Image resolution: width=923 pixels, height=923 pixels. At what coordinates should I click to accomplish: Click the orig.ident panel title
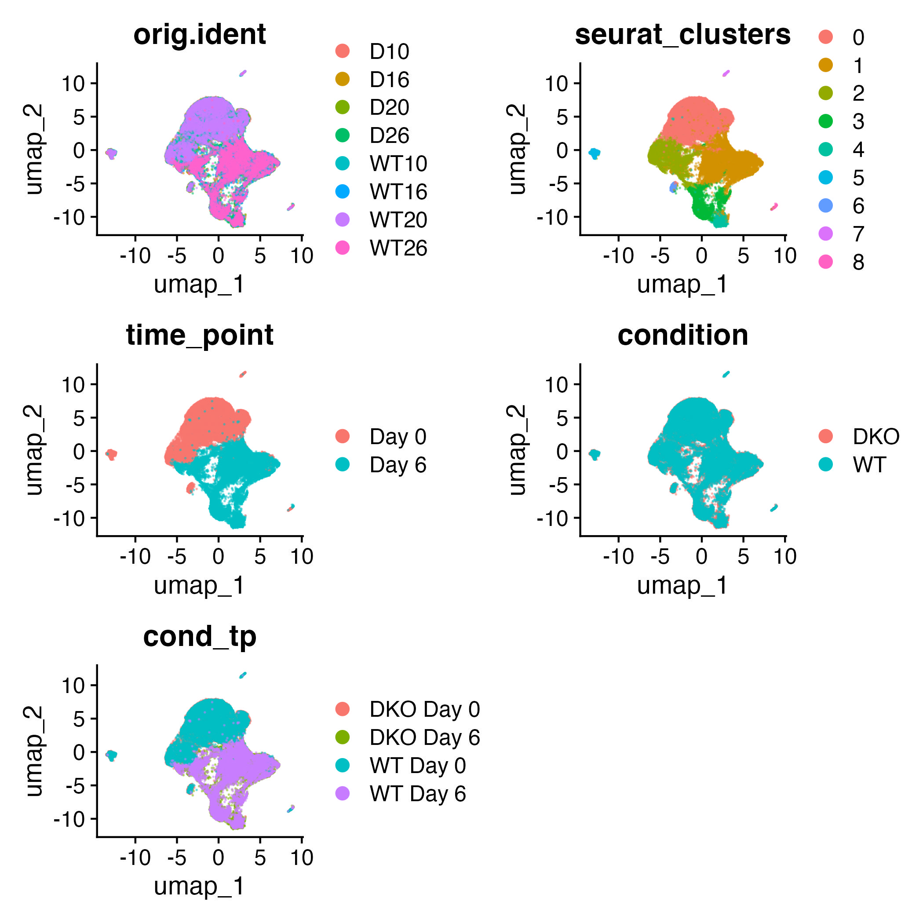200,35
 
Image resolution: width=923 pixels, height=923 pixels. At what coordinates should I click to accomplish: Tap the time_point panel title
200,336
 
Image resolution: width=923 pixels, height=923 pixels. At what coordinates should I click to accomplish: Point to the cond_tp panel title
200,636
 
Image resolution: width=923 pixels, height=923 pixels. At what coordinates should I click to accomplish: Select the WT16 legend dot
343,192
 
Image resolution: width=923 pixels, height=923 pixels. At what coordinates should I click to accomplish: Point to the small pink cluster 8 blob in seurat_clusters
774,207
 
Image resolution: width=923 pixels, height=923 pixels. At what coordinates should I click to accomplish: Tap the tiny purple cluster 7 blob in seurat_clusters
726,73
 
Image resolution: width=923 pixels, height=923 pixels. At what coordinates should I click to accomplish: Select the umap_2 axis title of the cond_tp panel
34,752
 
